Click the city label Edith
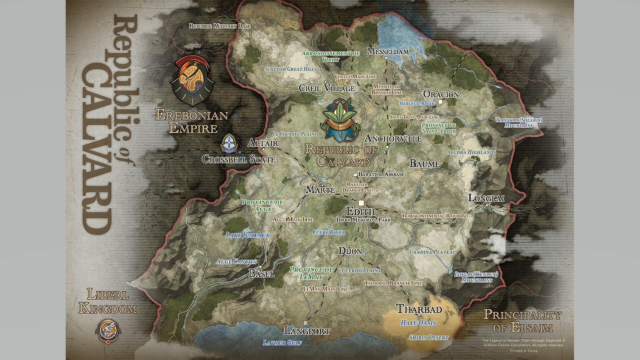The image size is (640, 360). point(360,212)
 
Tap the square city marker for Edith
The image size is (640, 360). point(361,203)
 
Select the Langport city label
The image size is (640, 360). point(307,331)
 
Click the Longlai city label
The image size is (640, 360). point(486,198)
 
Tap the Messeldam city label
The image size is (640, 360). point(388,51)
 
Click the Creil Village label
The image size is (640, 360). point(327,88)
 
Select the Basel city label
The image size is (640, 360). point(262,274)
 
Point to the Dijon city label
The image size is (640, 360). point(350,251)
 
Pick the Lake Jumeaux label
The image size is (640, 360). point(247,235)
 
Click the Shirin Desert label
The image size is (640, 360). point(429,338)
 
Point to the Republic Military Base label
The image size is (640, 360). point(220,26)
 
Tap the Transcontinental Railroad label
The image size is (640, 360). point(435,216)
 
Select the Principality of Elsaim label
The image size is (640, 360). point(522,321)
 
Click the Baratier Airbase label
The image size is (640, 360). point(381,174)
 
